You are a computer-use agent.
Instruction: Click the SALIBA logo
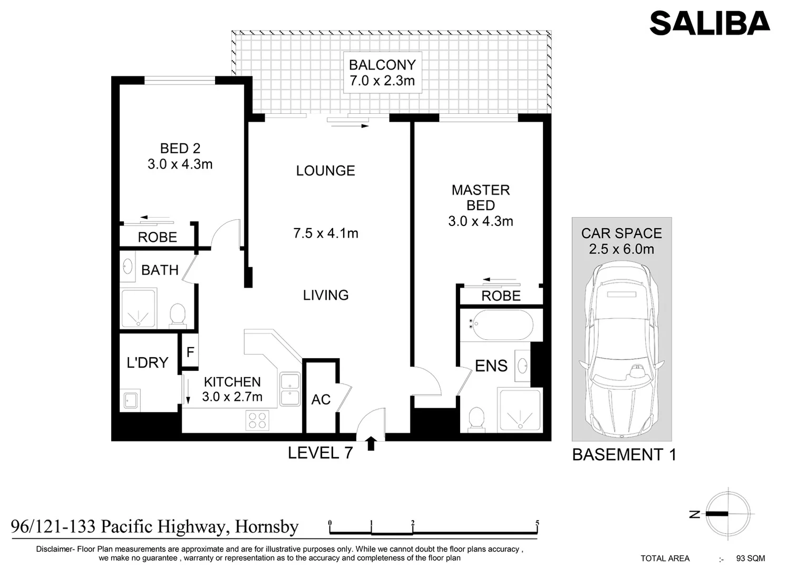(710, 23)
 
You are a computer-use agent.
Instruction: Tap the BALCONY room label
(382, 65)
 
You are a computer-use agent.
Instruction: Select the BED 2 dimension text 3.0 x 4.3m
(180, 164)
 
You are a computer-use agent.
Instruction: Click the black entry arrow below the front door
(371, 443)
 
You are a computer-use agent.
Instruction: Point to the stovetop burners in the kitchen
(257, 420)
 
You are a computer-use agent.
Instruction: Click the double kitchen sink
(290, 389)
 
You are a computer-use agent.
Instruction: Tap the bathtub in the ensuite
(501, 325)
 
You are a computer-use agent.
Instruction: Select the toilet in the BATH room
(178, 315)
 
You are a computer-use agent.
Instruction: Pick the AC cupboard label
(321, 400)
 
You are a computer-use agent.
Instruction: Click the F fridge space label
(190, 352)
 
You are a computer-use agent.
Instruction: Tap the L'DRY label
(148, 362)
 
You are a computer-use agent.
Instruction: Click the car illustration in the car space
(621, 350)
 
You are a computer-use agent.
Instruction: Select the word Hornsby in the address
(267, 527)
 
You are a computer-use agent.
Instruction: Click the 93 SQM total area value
(751, 558)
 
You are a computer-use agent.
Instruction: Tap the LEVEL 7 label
(320, 453)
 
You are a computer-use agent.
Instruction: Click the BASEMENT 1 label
(624, 455)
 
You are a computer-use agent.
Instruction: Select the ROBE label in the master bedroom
(501, 296)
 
